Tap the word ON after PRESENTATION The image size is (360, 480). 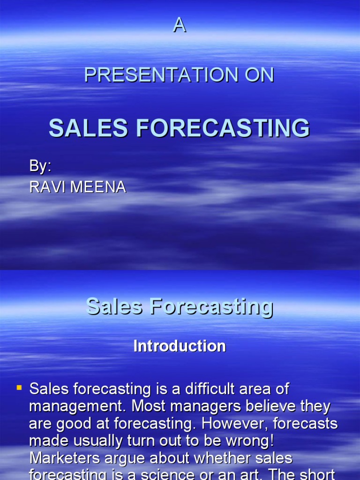(x=258, y=75)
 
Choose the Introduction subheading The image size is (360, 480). (x=180, y=346)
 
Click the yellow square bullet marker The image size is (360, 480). (x=19, y=387)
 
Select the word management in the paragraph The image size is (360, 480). (x=67, y=406)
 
